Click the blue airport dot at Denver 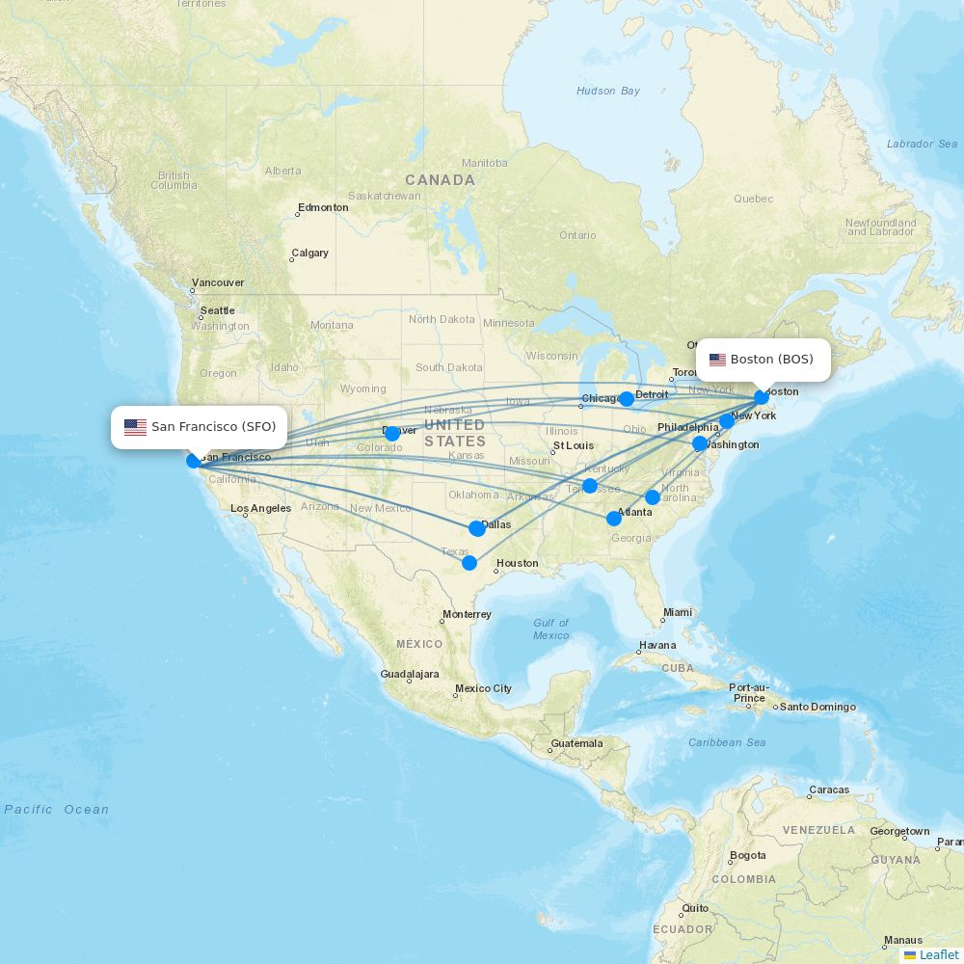pos(392,434)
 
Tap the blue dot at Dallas pos(477,528)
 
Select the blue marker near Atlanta pos(614,519)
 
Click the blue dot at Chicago pos(627,399)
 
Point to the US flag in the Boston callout pos(717,361)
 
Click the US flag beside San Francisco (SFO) pos(135,427)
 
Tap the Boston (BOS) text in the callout pos(771,360)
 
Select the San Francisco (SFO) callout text pos(213,427)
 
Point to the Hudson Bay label pos(608,91)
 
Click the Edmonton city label pos(323,207)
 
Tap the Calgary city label pos(309,254)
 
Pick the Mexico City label pos(483,688)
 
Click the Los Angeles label pos(260,508)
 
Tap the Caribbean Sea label pos(727,742)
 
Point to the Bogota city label pos(747,855)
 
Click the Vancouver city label pos(218,283)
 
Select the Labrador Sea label pos(923,144)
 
